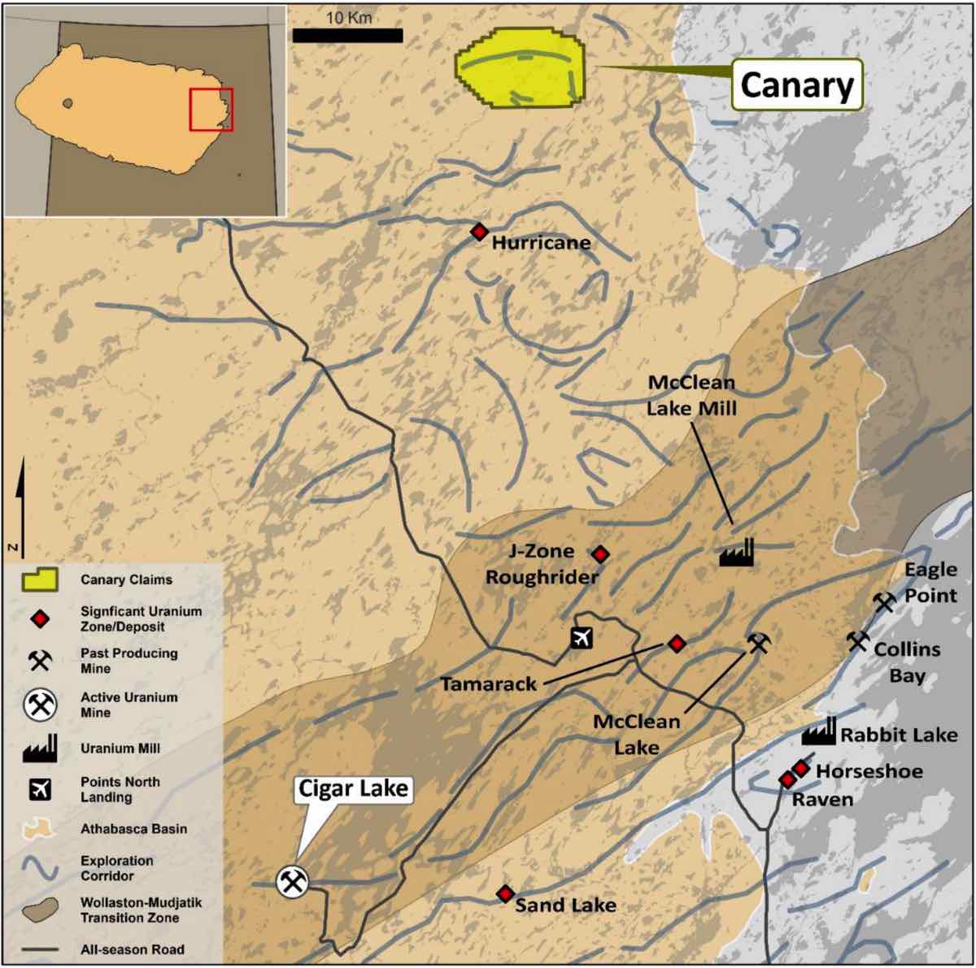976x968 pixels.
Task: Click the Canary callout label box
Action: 796,85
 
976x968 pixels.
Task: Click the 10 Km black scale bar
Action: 347,36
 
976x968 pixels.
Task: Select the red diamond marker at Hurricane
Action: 479,232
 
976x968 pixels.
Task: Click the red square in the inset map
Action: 211,109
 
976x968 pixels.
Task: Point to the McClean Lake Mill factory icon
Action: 737,552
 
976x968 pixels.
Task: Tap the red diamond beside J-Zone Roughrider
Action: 600,554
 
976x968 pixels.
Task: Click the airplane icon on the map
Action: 580,637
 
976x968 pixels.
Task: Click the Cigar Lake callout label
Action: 353,788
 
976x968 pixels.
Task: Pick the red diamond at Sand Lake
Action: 505,894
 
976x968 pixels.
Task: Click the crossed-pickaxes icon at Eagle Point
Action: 884,602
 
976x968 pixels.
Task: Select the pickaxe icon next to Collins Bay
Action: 857,641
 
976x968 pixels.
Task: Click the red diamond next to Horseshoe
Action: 801,768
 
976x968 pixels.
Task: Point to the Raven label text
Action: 822,800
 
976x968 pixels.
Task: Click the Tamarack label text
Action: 488,684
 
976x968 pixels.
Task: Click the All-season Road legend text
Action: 132,949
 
